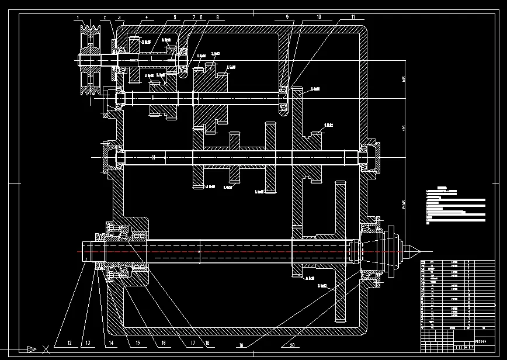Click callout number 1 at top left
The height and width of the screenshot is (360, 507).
(x=78, y=18)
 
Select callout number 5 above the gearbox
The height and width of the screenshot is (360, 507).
(x=174, y=18)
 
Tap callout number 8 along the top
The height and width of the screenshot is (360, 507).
(x=217, y=18)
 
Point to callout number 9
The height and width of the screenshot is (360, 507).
(x=287, y=18)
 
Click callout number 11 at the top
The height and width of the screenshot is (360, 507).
(x=353, y=18)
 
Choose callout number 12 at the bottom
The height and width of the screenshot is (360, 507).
(x=69, y=342)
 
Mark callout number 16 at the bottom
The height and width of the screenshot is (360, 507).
(x=164, y=342)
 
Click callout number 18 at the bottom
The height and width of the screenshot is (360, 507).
(x=206, y=342)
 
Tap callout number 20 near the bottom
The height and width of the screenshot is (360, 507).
(x=284, y=344)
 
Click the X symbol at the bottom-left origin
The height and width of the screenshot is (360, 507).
(x=46, y=349)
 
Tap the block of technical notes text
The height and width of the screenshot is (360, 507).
(x=456, y=206)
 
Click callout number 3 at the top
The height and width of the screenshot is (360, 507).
(x=119, y=18)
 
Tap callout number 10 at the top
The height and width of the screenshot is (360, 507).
(x=319, y=18)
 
